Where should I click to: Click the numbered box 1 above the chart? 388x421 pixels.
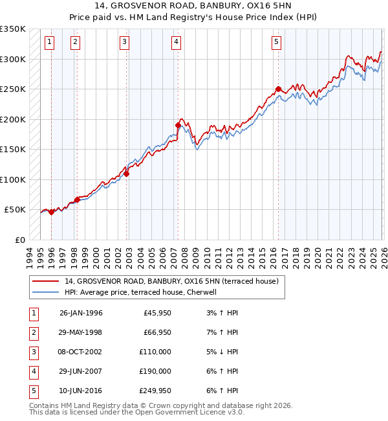coord(50,42)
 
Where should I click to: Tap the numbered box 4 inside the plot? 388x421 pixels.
coord(176,42)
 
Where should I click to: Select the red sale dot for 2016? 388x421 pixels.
coord(278,89)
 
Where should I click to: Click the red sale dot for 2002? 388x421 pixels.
coord(127,174)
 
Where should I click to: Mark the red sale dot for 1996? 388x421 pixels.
coord(52,212)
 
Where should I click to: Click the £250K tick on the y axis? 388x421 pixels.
coord(13,89)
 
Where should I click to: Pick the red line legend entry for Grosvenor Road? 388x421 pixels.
coord(171,281)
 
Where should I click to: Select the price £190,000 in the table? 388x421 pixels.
coord(155,371)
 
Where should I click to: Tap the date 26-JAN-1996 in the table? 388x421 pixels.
coord(81,313)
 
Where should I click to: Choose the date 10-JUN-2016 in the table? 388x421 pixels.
coord(81,391)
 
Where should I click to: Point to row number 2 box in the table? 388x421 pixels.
coord(34,332)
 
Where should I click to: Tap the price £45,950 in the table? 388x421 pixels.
coord(157,313)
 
